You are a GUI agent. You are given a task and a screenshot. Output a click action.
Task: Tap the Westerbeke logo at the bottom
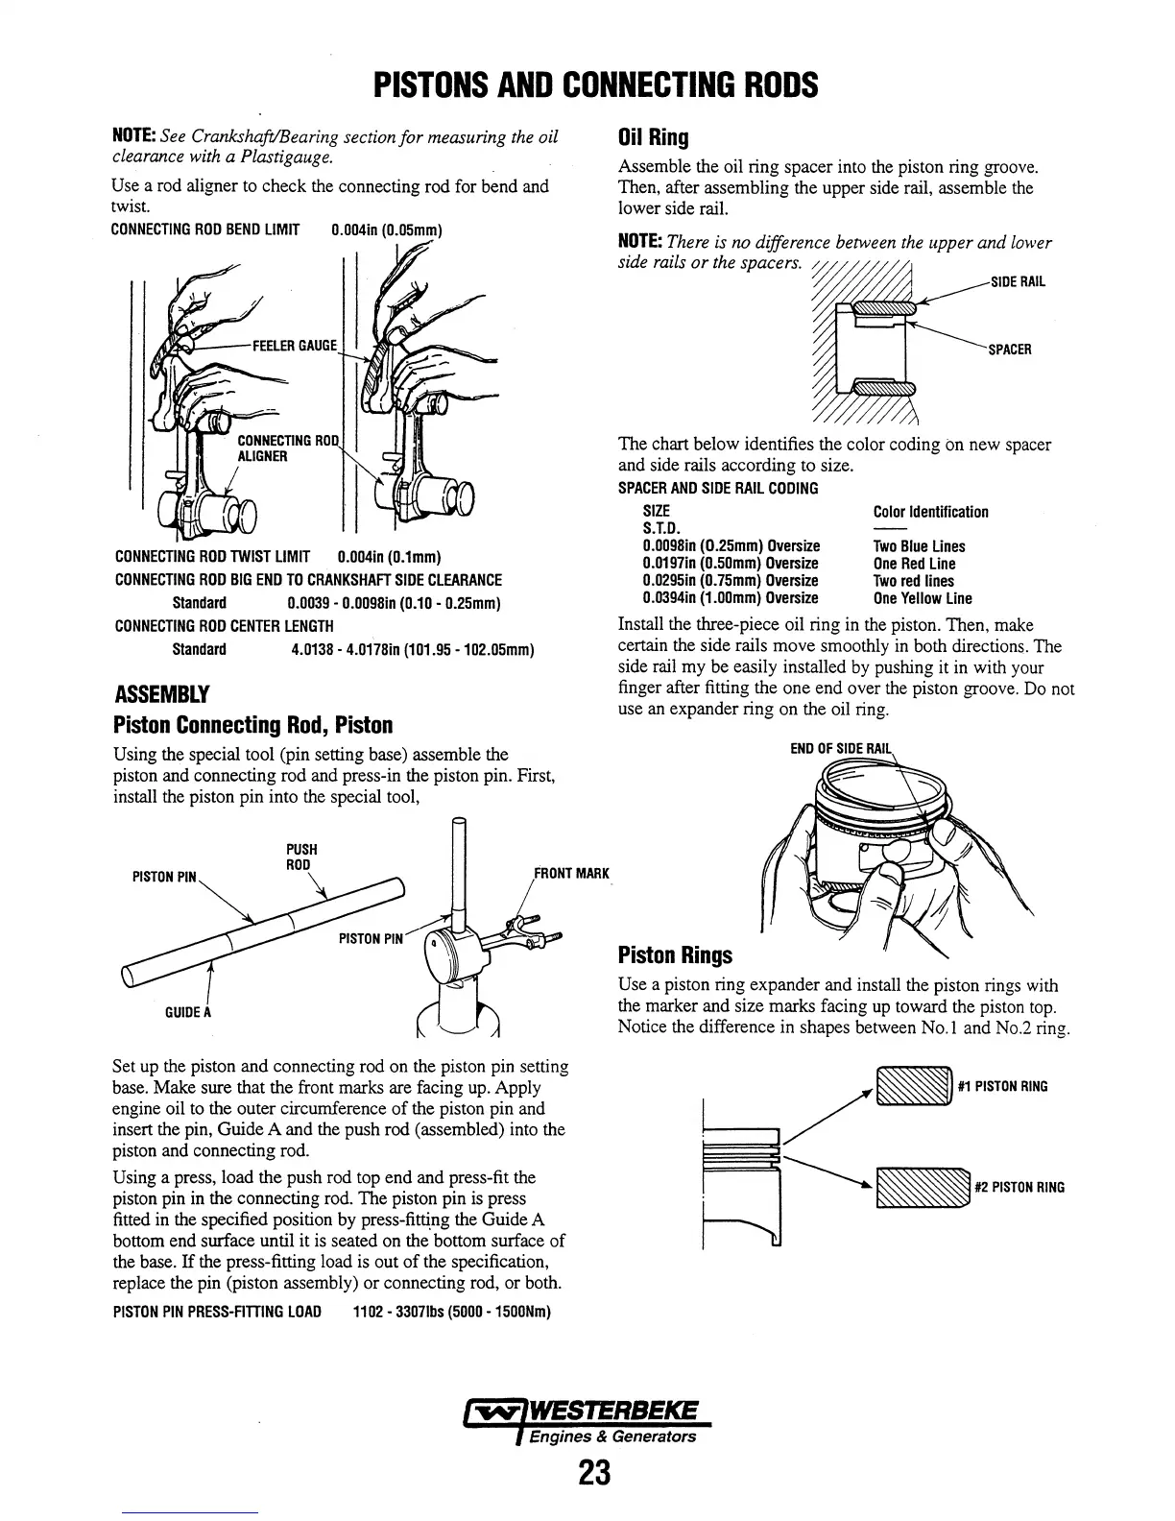pos(587,1419)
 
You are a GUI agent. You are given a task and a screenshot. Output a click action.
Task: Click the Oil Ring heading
pos(654,136)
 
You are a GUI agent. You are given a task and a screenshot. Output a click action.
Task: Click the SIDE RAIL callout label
pos(1017,282)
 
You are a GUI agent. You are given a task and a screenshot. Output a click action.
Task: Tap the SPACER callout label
pos(1010,350)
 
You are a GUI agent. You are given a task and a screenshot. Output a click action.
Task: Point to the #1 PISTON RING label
pos(1002,1087)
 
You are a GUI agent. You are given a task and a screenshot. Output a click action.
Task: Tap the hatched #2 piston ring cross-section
pos(921,1188)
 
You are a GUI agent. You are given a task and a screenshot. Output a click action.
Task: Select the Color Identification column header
pos(930,512)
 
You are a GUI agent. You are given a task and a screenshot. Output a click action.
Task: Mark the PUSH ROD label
pos(301,857)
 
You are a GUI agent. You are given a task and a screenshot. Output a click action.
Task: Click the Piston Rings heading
pos(675,955)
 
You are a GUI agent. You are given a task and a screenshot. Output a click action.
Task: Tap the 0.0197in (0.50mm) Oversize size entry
pos(730,564)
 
